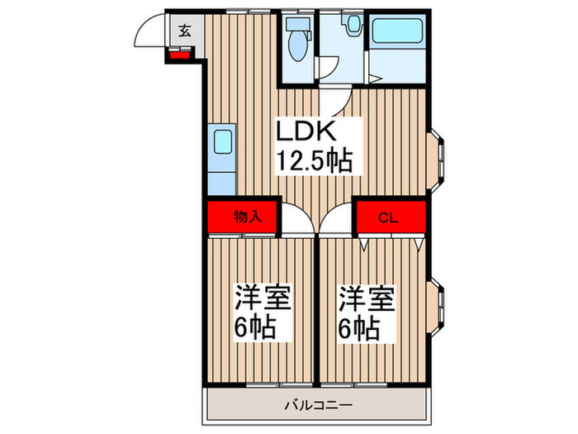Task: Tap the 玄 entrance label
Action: point(184,32)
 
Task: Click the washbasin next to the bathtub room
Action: point(353,26)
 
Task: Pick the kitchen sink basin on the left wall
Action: point(223,142)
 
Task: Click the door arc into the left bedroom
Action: point(297,222)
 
